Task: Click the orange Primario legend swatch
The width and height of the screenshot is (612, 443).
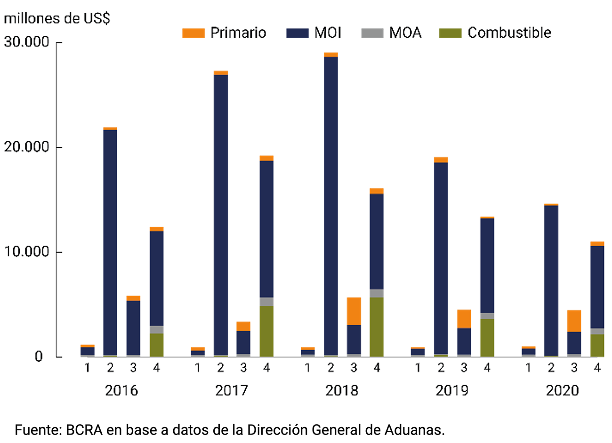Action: (x=193, y=33)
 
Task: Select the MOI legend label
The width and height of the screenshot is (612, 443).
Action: (x=328, y=33)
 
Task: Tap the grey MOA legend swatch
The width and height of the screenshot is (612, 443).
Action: (x=372, y=33)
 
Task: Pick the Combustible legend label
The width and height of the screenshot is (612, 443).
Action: (x=509, y=33)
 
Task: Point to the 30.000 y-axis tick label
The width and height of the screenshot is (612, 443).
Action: (x=27, y=42)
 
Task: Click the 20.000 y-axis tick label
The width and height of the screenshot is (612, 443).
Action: (x=27, y=147)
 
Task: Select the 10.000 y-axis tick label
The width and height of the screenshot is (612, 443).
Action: (x=27, y=251)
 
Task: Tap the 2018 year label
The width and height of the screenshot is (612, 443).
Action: (x=341, y=391)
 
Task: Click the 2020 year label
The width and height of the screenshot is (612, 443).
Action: (x=562, y=391)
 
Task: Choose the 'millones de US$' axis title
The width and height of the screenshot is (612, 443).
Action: (x=57, y=18)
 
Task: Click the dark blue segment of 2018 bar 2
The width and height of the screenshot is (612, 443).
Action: (x=330, y=202)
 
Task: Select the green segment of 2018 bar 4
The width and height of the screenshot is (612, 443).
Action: (x=377, y=327)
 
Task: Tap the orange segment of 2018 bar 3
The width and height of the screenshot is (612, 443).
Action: (x=354, y=311)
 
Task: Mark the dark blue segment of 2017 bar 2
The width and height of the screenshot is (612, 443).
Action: (x=220, y=212)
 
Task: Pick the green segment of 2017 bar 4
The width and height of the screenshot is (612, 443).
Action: (x=266, y=331)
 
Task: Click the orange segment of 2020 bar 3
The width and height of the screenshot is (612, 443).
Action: (x=574, y=321)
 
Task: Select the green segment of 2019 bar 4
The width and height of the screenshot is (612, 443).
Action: (x=487, y=337)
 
